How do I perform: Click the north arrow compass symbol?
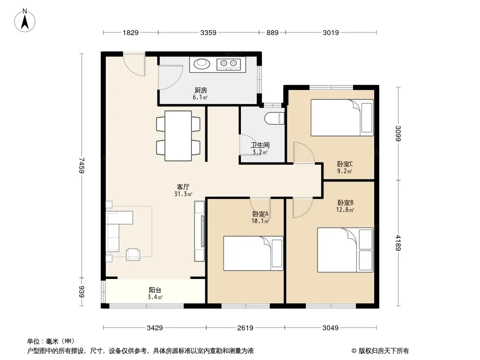[x=25, y=21]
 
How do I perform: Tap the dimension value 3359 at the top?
[x=208, y=32]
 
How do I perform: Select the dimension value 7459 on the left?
[x=81, y=166]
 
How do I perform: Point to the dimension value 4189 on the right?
[x=398, y=243]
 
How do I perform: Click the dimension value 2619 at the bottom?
[x=245, y=328]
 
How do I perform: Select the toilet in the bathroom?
[x=274, y=118]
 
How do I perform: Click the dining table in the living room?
[x=178, y=136]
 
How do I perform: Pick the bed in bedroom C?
[x=342, y=118]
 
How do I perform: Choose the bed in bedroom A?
[x=253, y=253]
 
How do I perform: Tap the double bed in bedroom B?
[x=345, y=250]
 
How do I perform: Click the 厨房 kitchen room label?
[x=201, y=90]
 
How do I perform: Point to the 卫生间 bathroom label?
[x=260, y=145]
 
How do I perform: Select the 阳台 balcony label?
[x=155, y=290]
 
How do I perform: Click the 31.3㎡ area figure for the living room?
[x=183, y=194]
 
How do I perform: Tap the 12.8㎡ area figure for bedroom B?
[x=345, y=210]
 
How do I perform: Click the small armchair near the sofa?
[x=133, y=254]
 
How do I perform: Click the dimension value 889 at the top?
[x=272, y=32]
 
